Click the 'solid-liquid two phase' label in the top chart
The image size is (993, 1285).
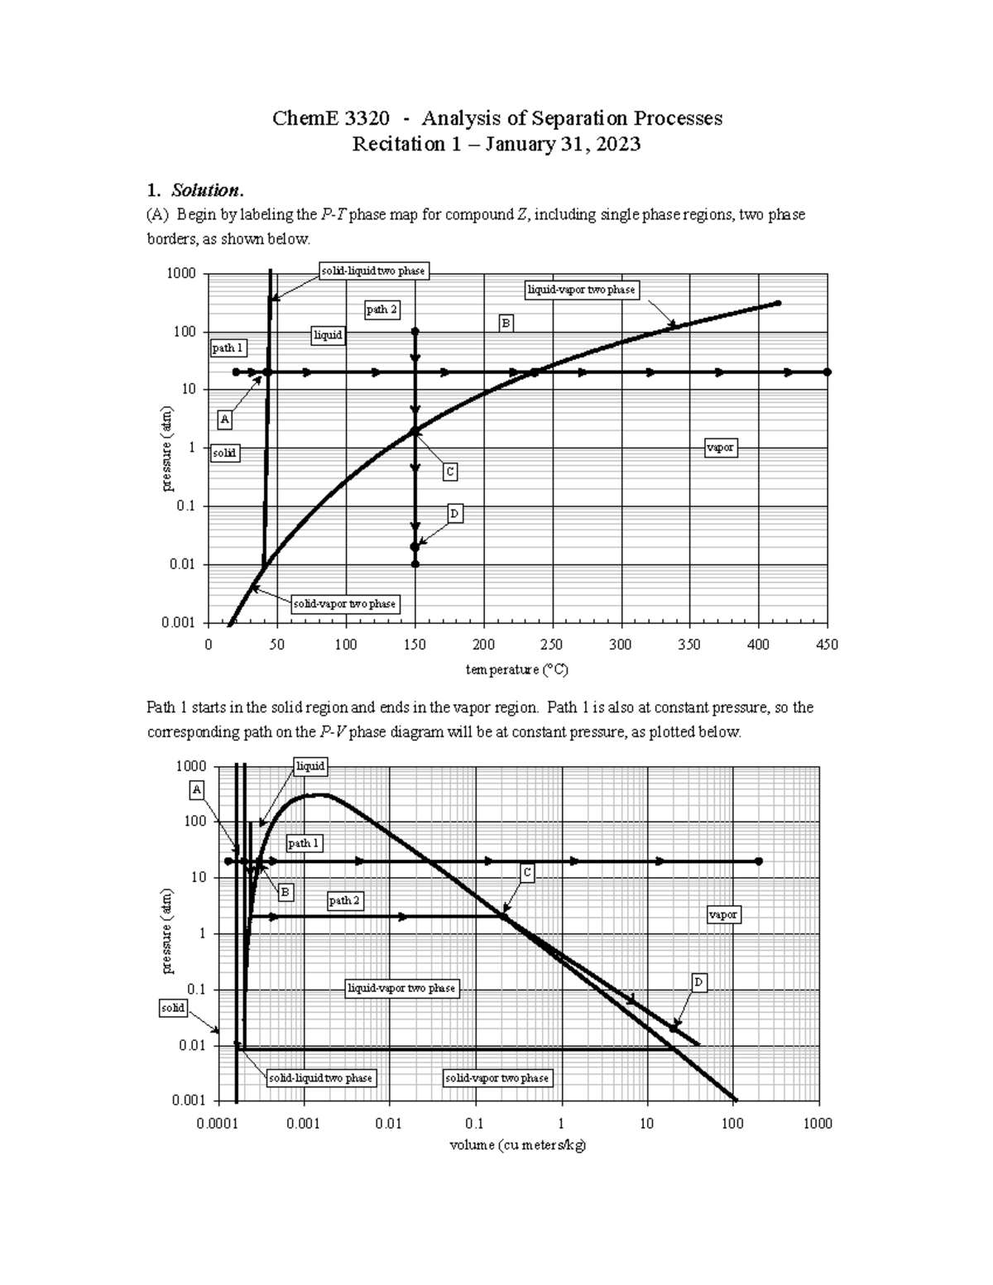click(x=372, y=271)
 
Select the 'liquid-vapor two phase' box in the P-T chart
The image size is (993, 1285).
click(x=582, y=290)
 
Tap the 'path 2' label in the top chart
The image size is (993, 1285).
click(x=381, y=309)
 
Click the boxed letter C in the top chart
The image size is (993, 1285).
click(x=449, y=472)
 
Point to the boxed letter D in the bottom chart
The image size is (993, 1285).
click(x=698, y=982)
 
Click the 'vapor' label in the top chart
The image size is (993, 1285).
click(x=720, y=447)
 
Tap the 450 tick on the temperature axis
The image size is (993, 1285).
click(x=827, y=645)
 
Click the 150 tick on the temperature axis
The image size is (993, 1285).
click(x=415, y=645)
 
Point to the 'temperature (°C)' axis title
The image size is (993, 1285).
click(x=516, y=669)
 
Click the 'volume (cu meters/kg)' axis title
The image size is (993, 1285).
click(x=517, y=1145)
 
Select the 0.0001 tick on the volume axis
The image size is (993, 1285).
click(x=218, y=1123)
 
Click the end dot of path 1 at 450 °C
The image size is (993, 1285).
click(x=827, y=372)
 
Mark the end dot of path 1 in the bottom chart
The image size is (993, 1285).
click(x=758, y=861)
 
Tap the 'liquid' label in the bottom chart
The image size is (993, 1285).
click(x=310, y=766)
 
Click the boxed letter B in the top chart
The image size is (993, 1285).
click(x=506, y=323)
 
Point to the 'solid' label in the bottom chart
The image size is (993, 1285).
click(x=173, y=1008)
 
